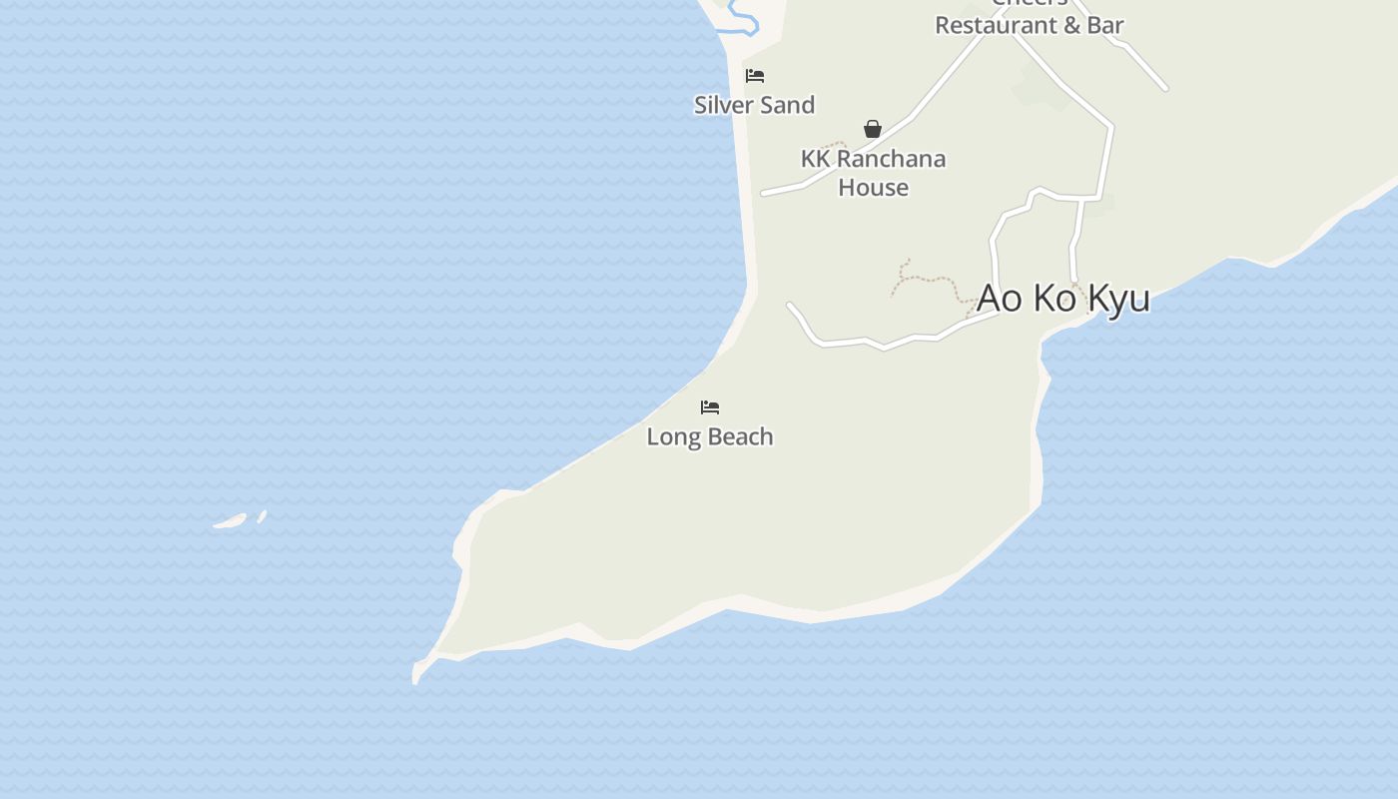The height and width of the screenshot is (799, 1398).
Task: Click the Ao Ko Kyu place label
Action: coord(1062,298)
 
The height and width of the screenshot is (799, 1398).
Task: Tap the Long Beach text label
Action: coord(709,436)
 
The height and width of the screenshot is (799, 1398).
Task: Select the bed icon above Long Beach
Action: coord(710,407)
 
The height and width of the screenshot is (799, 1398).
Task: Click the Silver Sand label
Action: coord(754,105)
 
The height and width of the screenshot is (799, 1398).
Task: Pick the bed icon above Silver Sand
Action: coord(755,76)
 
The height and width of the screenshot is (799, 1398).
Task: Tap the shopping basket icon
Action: coord(873,129)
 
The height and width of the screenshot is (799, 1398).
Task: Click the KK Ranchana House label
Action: coord(873,173)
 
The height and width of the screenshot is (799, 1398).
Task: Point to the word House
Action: coord(873,188)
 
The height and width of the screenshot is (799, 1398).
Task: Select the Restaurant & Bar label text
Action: coord(1029,26)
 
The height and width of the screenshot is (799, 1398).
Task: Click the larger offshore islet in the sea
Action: coord(230,520)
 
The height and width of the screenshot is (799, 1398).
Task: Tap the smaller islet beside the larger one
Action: coord(262,516)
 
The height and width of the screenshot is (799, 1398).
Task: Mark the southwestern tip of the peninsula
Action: coord(415,678)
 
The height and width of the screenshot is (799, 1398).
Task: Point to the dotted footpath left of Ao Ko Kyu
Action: coord(924,279)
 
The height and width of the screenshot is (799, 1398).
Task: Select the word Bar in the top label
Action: coord(1105,26)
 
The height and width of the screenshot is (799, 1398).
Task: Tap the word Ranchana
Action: coord(891,159)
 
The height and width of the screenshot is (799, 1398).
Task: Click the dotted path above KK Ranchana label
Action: coord(835,146)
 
